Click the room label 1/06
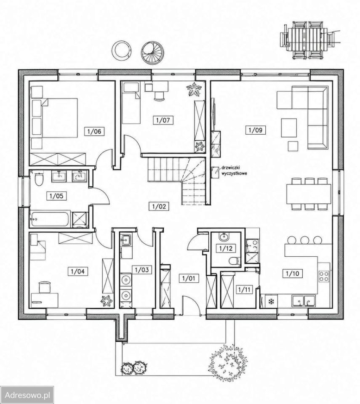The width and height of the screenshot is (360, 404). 94,131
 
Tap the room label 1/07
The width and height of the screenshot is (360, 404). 163,120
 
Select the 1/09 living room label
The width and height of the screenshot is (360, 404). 256,130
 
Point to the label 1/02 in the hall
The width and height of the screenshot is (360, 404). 159,206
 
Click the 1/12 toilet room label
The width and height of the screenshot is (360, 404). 226,248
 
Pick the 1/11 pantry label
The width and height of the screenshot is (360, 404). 244,290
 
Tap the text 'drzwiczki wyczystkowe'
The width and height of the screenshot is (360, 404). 234,170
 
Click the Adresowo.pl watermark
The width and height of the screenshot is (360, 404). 27,395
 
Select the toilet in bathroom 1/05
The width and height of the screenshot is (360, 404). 39,179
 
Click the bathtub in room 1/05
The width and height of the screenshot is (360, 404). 50,219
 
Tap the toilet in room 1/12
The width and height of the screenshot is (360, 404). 234,261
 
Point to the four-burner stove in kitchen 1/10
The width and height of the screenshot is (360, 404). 324,276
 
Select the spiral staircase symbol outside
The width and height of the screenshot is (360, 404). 151,53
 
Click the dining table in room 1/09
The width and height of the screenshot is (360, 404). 308,194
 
